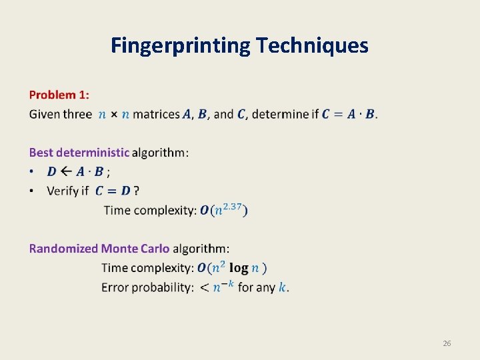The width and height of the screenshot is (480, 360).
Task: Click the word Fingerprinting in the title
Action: click(x=180, y=45)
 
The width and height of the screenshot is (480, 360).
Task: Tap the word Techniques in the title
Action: click(x=311, y=45)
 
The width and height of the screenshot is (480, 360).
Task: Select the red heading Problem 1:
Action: click(x=59, y=95)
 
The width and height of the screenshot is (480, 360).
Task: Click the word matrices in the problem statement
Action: click(x=156, y=114)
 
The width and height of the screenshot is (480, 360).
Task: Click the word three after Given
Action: click(x=77, y=114)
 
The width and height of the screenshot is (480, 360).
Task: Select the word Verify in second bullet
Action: click(x=63, y=191)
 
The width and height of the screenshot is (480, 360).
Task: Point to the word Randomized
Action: click(x=63, y=249)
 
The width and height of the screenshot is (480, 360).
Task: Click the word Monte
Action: click(x=119, y=249)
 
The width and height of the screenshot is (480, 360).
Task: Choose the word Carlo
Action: click(x=154, y=249)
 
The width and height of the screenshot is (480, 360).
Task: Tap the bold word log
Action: click(x=239, y=268)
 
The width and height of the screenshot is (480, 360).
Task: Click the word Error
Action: click(x=115, y=287)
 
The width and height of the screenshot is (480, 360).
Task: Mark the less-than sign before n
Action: click(x=205, y=288)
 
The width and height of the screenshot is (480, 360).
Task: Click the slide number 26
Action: click(x=447, y=343)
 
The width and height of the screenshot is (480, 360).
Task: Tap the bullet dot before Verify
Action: click(x=32, y=191)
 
